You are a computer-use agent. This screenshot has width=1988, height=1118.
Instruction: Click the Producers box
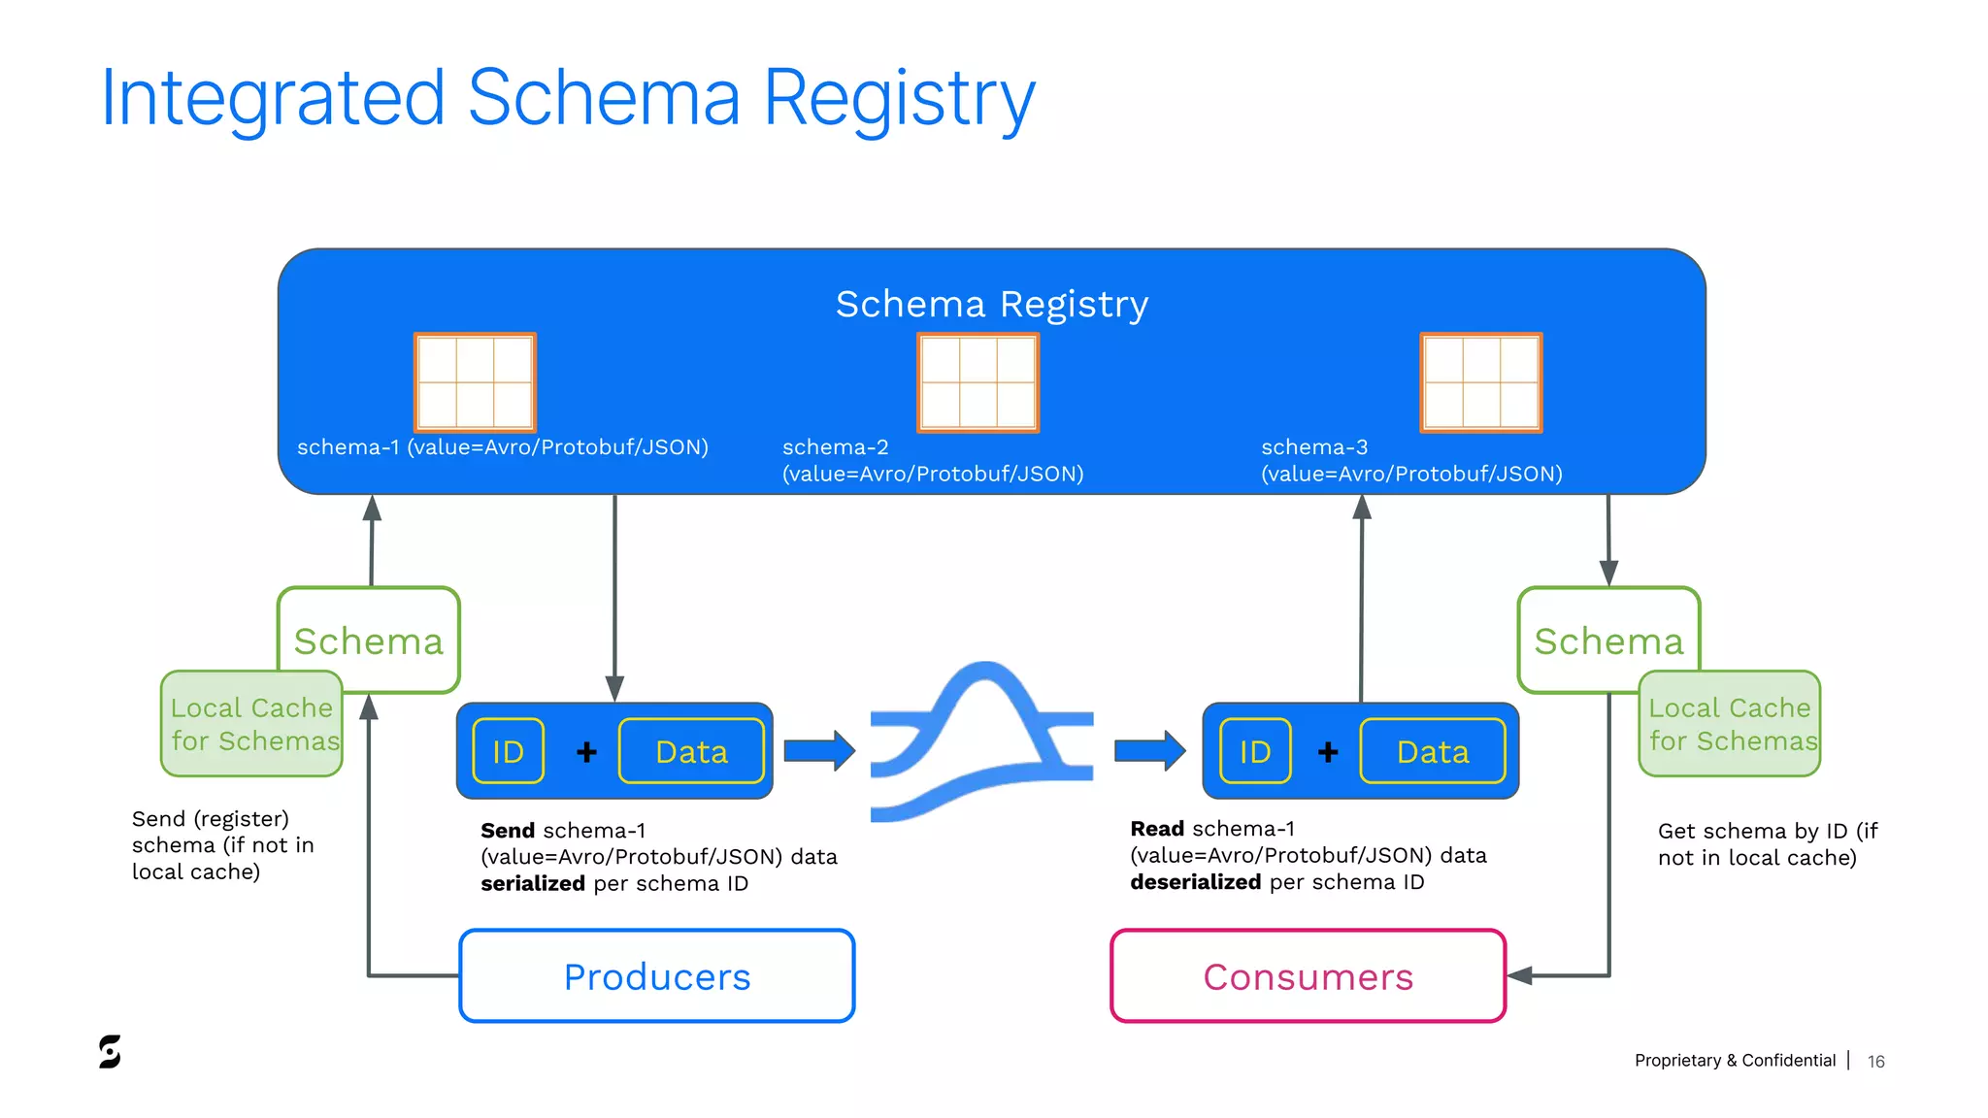pos(657,976)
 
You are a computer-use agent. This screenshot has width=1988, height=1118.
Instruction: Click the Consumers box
pos(1308,976)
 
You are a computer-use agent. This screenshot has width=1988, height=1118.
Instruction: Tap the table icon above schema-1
pos(475,382)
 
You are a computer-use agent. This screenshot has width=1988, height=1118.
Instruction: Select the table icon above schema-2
pos(977,382)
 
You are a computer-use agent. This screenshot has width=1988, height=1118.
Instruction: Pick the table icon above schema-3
pos(1480,382)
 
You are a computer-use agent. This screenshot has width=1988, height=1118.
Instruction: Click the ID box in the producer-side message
pos(508,751)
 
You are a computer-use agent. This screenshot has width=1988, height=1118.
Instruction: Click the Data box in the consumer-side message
pos(1432,751)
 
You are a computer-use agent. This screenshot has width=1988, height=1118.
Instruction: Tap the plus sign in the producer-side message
pos(586,752)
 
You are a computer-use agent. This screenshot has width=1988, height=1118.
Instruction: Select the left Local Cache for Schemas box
pos(251,724)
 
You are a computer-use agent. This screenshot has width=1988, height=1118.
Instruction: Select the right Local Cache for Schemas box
pos(1730,724)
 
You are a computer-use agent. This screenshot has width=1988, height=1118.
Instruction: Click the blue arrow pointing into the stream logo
pos(818,750)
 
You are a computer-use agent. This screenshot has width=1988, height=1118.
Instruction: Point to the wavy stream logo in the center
pos(981,742)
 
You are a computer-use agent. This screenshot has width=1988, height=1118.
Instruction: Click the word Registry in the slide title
pos(899,98)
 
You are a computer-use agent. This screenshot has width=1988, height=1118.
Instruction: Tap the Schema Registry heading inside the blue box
pos(991,305)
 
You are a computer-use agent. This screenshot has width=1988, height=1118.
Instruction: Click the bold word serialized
pos(533,883)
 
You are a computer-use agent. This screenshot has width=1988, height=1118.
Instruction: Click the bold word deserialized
pos(1195,882)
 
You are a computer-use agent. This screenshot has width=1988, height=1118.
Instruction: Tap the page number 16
pos(1875,1062)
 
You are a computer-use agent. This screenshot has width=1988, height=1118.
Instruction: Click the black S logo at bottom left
pos(110,1052)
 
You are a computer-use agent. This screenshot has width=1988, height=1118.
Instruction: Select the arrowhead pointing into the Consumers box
pos(1519,976)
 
